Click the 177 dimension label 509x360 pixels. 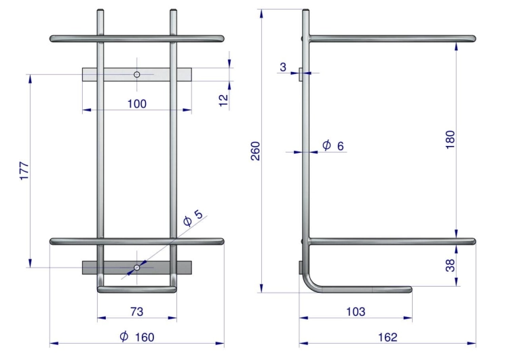[24, 170]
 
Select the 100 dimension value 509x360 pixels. [136, 104]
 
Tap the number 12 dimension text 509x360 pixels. [224, 100]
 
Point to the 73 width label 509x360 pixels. [136, 312]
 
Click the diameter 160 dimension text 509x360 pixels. [136, 337]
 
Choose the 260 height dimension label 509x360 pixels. [256, 151]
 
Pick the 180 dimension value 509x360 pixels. [450, 140]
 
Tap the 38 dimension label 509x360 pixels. [450, 265]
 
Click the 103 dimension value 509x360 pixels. [356, 312]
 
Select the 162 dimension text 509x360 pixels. [388, 337]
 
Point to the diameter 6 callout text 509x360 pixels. [333, 145]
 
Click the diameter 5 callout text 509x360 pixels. [193, 217]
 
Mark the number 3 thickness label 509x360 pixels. [283, 67]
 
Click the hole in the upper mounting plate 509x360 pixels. [136, 75]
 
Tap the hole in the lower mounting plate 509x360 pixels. [136, 268]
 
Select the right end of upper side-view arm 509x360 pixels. [474, 39]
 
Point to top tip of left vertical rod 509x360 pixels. [100, 11]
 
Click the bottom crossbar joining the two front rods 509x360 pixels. [136, 289]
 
